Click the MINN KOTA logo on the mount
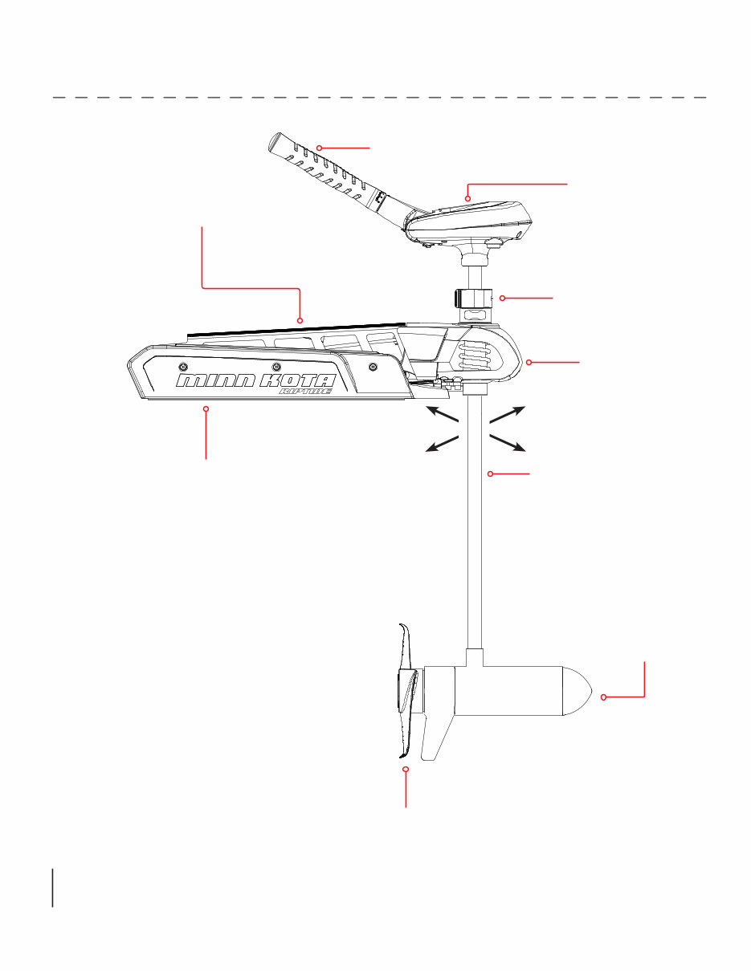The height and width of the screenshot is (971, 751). [257, 380]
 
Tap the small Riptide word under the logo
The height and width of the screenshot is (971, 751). [304, 392]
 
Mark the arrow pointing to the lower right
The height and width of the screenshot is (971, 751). [508, 444]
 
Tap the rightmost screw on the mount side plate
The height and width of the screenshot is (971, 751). [373, 367]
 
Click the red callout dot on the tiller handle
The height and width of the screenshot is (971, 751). [319, 148]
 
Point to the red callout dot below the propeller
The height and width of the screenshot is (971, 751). [406, 770]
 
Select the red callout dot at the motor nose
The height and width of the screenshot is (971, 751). [603, 697]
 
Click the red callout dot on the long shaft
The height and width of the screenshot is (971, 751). [490, 474]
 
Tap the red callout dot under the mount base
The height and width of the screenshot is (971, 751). [206, 409]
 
